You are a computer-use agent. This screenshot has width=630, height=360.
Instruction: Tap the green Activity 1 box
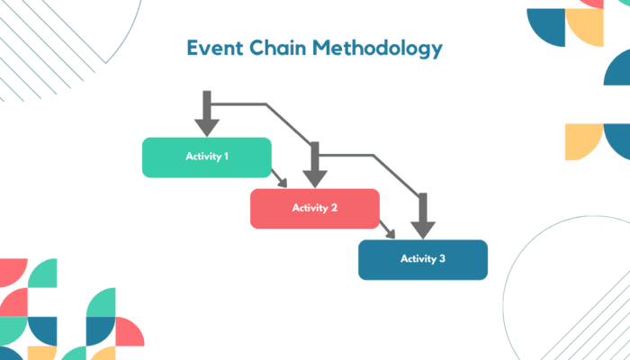(x=207, y=157)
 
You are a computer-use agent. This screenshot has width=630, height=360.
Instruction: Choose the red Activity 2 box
(x=314, y=208)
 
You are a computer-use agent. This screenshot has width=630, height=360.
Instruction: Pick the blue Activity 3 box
(x=423, y=259)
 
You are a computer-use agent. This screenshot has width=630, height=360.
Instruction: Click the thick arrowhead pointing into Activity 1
(x=207, y=124)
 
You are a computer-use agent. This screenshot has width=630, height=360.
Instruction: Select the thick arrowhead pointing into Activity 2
(x=314, y=175)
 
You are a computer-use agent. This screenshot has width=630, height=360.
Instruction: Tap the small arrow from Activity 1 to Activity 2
(x=282, y=181)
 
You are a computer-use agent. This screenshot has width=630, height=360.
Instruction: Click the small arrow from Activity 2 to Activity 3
(x=390, y=232)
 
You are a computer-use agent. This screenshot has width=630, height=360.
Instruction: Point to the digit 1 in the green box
(x=226, y=157)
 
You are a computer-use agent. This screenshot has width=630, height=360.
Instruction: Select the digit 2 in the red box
(x=334, y=208)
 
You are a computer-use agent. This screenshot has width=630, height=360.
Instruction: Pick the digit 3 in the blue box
(x=442, y=259)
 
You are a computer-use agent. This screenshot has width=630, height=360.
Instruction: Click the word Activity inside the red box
(x=309, y=208)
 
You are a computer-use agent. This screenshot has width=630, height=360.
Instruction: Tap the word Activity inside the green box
(x=202, y=157)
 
